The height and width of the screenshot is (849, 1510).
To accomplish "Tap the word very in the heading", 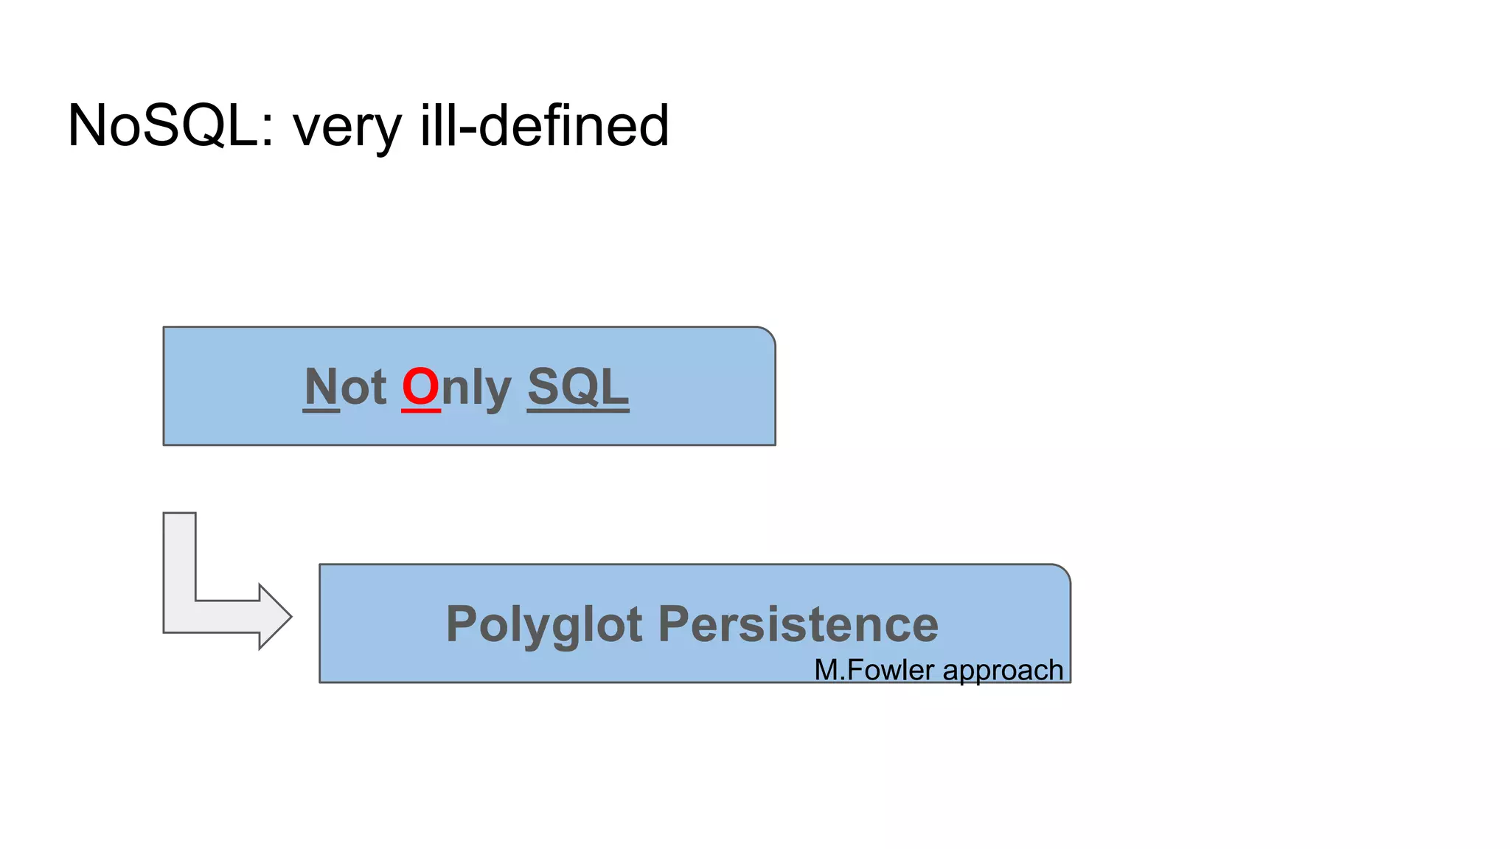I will pyautogui.click(x=347, y=127).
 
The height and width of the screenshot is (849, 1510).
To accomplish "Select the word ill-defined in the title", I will pyautogui.click(x=544, y=125).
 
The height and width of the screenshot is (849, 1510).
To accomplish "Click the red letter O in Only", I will pyautogui.click(x=420, y=387).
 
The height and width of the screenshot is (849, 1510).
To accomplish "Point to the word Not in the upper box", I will pyautogui.click(x=345, y=387).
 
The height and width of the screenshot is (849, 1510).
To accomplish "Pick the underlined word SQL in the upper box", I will pyautogui.click(x=578, y=387).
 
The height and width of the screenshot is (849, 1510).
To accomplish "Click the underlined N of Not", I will pyautogui.click(x=321, y=387).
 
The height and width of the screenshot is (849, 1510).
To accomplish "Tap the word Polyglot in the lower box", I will pyautogui.click(x=544, y=625).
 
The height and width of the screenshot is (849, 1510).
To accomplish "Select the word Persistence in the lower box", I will pyautogui.click(x=798, y=623).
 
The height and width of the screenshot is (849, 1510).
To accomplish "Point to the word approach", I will pyautogui.click(x=1003, y=671).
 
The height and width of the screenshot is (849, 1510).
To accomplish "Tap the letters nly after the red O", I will pyautogui.click(x=476, y=388).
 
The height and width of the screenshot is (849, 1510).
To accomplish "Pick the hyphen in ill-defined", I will pyautogui.click(x=467, y=130).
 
